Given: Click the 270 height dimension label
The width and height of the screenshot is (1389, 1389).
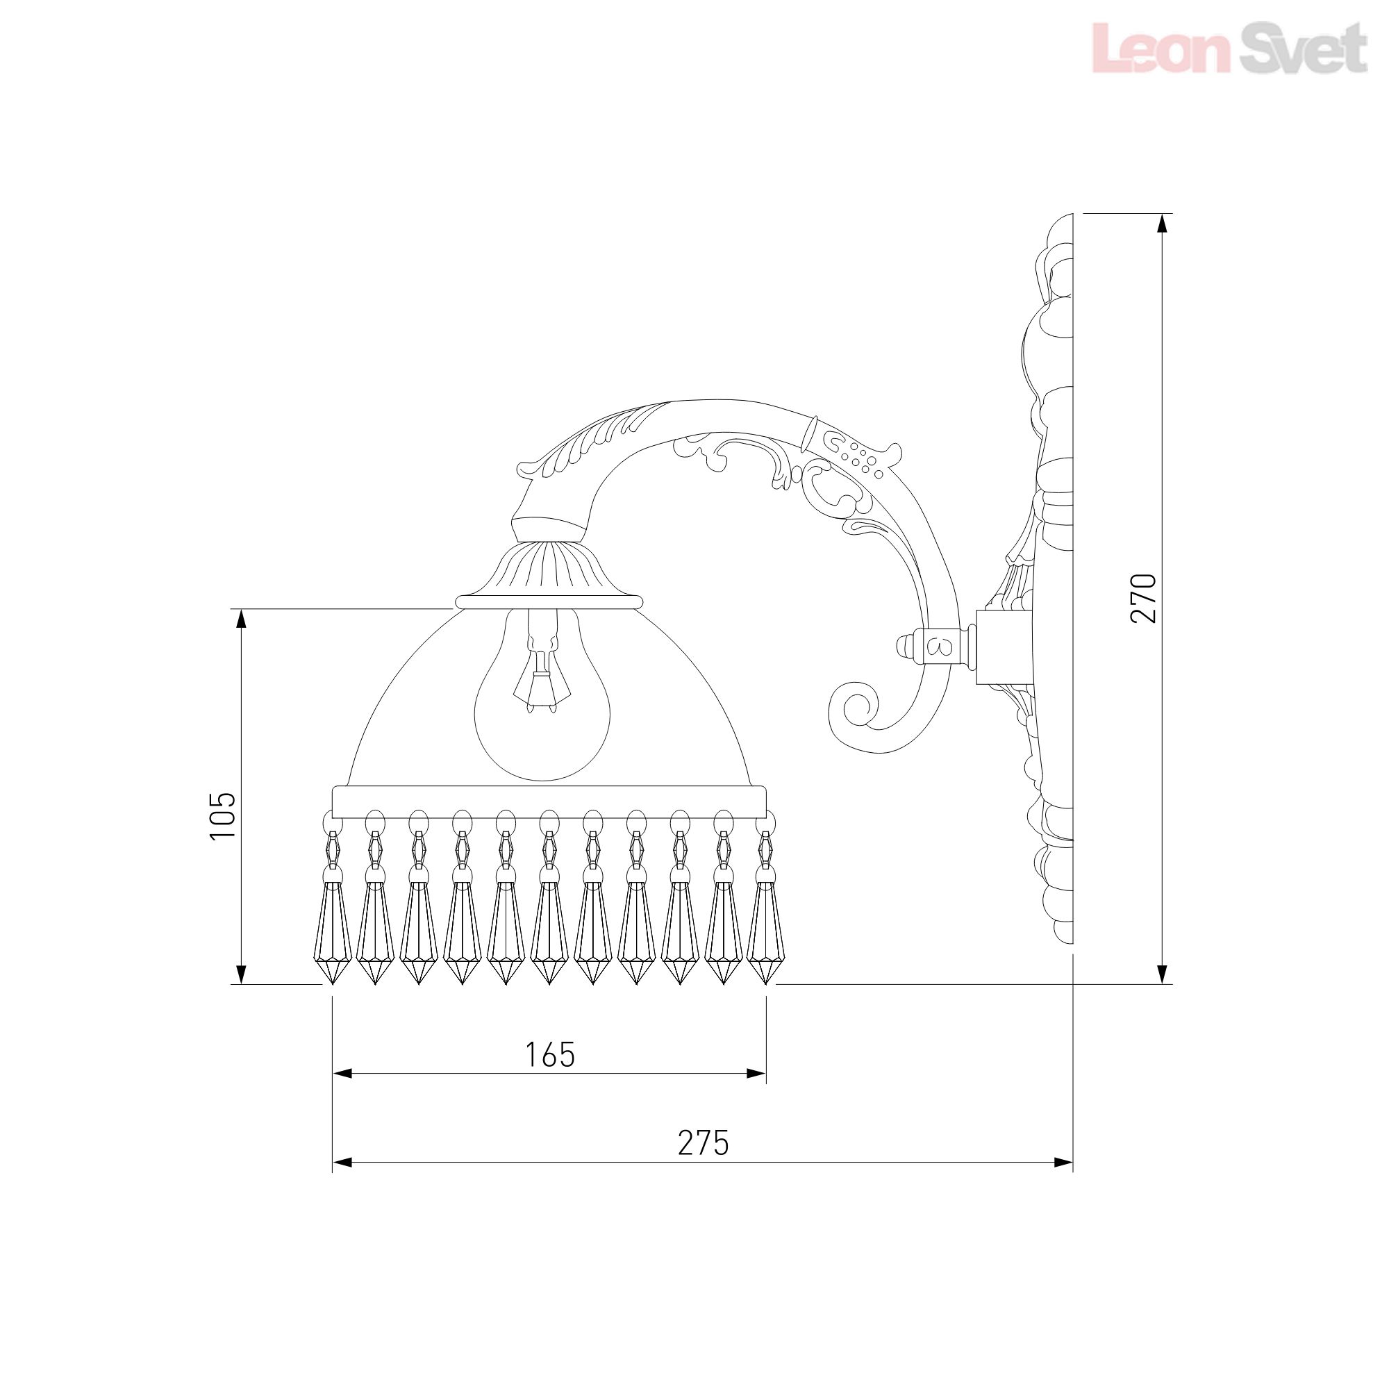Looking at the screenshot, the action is tap(1143, 598).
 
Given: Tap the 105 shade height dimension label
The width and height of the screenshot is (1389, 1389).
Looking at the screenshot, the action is tap(222, 815).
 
